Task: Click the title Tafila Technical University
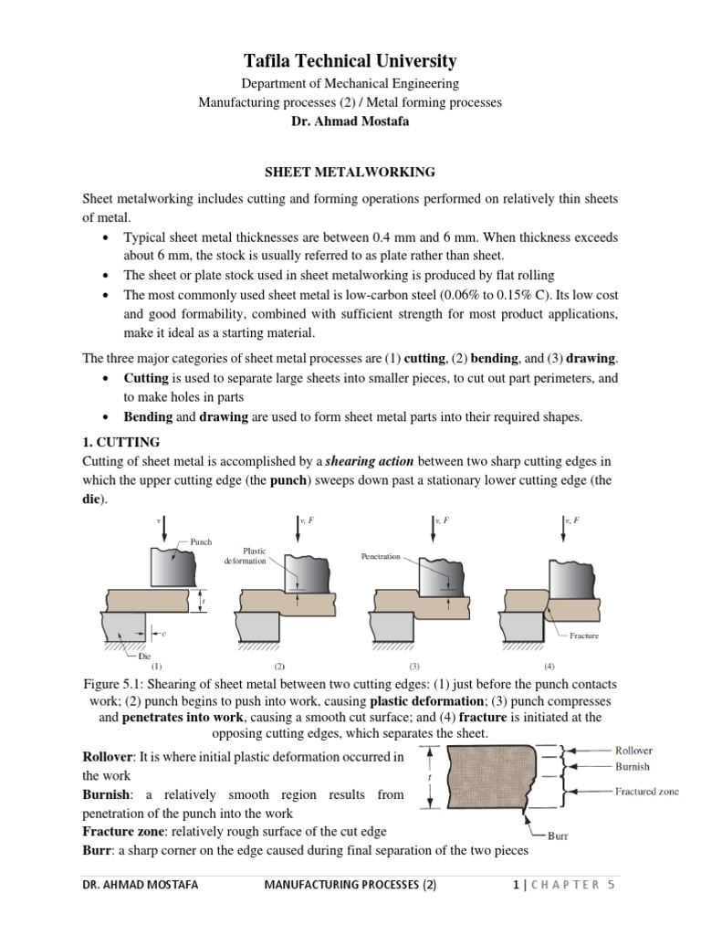(x=350, y=62)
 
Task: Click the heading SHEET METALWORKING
(x=350, y=171)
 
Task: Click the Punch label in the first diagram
(x=201, y=541)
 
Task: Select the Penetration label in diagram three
(x=381, y=556)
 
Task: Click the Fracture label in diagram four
(x=584, y=636)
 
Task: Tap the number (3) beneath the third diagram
(x=414, y=667)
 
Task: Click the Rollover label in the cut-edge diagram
(x=633, y=751)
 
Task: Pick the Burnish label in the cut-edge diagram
(x=632, y=768)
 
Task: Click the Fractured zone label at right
(x=646, y=792)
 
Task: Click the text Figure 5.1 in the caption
(x=114, y=685)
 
